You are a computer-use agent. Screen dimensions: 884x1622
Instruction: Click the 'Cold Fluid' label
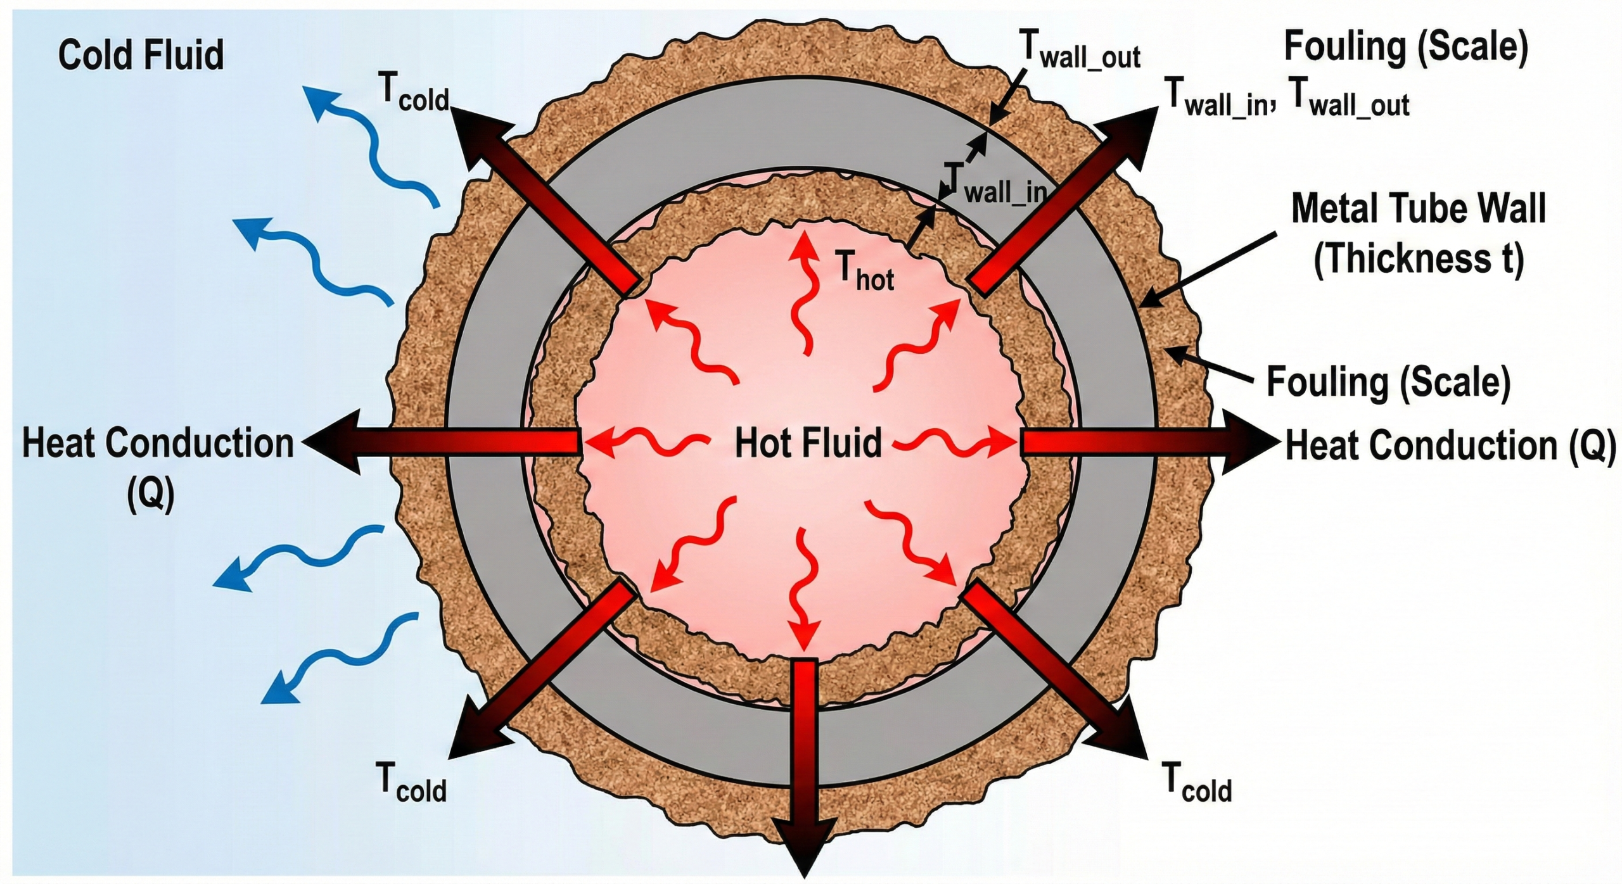coord(141,55)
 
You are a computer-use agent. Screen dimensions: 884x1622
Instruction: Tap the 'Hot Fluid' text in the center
coord(808,443)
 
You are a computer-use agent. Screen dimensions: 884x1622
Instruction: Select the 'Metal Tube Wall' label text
coord(1418,208)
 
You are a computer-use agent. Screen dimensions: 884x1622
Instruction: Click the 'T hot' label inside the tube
coord(865,271)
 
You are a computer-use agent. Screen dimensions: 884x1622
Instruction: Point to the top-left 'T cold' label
coord(415,94)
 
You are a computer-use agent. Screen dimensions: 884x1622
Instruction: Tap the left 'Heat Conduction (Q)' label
coord(158,443)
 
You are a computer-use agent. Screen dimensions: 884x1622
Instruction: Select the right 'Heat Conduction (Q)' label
coord(1450,446)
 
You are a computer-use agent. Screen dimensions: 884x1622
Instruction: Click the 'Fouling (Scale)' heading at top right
coord(1406,46)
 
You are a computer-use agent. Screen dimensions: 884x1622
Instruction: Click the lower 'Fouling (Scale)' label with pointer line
coord(1388,382)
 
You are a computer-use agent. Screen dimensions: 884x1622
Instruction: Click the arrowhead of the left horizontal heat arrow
coord(329,442)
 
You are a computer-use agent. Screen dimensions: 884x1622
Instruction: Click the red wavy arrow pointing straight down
coord(805,589)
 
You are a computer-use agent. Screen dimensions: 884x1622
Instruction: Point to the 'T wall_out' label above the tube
coord(1080,49)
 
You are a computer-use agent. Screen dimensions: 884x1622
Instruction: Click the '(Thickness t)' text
coord(1418,259)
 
